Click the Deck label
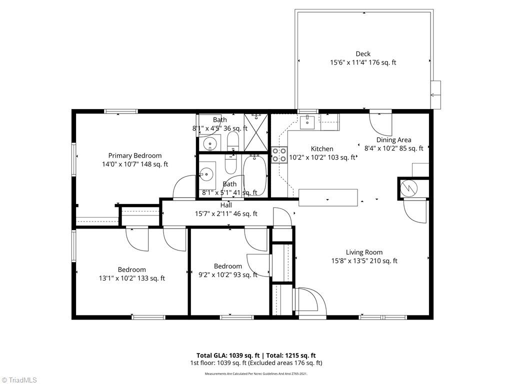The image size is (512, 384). (x=363, y=54)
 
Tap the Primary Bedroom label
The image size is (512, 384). (x=135, y=155)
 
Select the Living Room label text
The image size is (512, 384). (x=364, y=252)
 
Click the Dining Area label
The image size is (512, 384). (x=393, y=140)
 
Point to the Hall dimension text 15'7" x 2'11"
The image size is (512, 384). (x=226, y=213)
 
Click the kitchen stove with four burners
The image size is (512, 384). (x=279, y=154)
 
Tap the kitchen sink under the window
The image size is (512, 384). (x=307, y=121)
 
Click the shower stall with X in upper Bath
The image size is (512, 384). (x=256, y=131)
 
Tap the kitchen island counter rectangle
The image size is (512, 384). (x=328, y=197)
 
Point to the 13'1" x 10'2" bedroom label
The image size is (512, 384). (x=131, y=274)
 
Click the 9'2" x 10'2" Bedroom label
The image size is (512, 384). (x=228, y=270)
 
